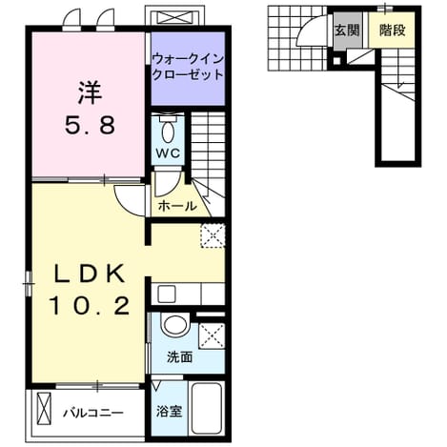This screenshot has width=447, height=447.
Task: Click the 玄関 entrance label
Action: (x=347, y=30)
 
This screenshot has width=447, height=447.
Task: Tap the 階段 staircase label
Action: (x=393, y=30)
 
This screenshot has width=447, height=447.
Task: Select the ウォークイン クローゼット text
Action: (x=188, y=67)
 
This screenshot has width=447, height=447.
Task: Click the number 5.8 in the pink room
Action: (x=91, y=125)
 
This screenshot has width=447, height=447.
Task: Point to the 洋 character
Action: (x=91, y=93)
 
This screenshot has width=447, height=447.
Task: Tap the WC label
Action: (x=168, y=153)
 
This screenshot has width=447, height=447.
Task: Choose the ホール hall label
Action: (x=177, y=207)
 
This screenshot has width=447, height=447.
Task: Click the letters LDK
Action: (x=90, y=274)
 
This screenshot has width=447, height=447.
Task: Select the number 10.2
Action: (x=90, y=306)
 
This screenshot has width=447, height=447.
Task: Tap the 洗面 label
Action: (x=180, y=357)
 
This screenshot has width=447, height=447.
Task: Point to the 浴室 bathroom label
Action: (x=169, y=412)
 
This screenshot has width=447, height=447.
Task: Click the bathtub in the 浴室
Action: (x=207, y=408)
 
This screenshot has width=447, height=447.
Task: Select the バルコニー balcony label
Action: (x=92, y=414)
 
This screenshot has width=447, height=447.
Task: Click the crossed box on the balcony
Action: (x=44, y=408)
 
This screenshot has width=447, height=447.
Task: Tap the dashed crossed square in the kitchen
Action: (x=213, y=235)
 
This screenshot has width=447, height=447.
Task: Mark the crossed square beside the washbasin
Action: (x=212, y=335)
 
